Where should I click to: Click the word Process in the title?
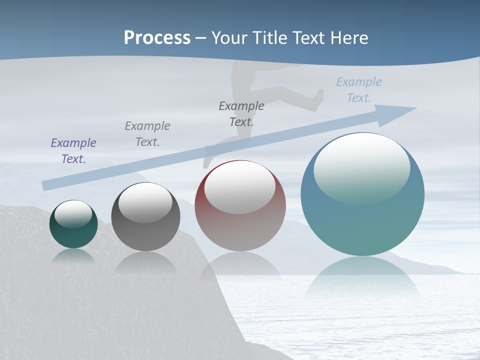tap(157, 38)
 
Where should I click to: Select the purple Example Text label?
tap(73, 150)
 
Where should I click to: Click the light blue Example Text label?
tap(359, 90)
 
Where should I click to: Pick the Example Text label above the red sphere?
tap(241, 113)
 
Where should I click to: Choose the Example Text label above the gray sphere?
tap(147, 133)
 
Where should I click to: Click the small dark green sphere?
tap(73, 235)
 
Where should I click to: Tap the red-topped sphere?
tap(240, 230)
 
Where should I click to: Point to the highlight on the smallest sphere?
tap(73, 213)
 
